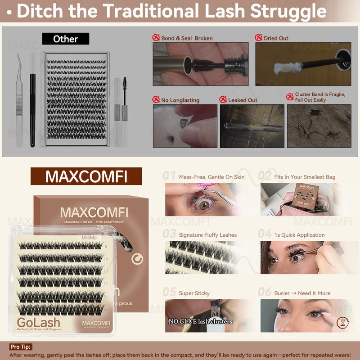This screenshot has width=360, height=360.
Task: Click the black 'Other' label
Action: point(66,39)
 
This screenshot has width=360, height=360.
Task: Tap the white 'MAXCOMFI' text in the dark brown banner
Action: point(86,176)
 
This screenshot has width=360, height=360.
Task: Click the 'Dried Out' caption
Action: point(277,38)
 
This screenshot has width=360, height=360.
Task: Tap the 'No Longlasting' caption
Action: point(180,100)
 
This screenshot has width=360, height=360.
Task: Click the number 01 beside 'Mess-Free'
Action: point(169,176)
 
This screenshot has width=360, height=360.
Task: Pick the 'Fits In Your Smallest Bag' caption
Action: point(305,177)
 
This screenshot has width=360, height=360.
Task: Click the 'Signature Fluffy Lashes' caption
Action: point(207,235)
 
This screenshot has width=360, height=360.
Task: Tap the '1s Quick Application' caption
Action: point(299,235)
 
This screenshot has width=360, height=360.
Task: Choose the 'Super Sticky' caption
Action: point(194,293)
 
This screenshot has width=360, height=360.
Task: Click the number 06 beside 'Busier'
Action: point(265,292)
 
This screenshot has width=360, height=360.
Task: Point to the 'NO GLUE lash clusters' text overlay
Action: point(200,321)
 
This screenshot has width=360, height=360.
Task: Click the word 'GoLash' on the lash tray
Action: point(38,322)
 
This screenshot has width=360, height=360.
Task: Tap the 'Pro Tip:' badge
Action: point(21,347)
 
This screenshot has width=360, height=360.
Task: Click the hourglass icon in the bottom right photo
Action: point(344,323)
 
